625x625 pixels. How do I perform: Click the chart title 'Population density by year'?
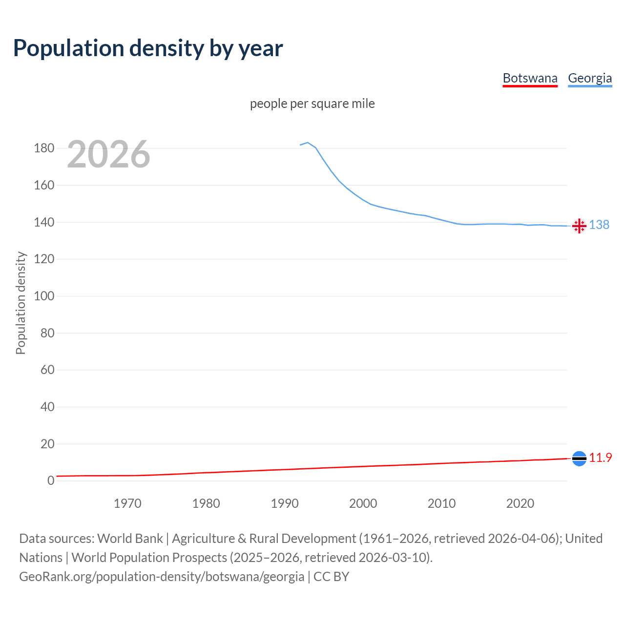coord(148,48)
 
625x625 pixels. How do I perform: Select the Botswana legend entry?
coord(530,78)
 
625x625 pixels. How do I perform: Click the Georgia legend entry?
coord(590,78)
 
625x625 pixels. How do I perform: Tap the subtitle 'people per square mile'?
coord(312,104)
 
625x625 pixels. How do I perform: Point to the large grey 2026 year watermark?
coord(108,154)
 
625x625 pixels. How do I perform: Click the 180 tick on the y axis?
coord(44,148)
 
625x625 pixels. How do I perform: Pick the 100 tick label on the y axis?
coord(44,296)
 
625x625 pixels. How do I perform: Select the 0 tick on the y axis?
coord(50,480)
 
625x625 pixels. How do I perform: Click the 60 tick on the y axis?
coord(47,370)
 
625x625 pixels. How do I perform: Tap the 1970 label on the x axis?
coord(127,503)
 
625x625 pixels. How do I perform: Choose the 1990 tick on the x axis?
coord(285,503)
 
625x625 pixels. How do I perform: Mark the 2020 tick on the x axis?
coord(520,503)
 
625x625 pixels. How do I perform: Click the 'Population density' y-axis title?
coord(21,303)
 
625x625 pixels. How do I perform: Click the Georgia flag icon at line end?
coord(579,226)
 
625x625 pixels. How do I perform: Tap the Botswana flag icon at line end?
coord(579,458)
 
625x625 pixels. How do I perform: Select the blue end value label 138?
coord(599,225)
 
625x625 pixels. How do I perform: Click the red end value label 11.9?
coord(600,458)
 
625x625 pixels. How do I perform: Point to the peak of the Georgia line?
coord(308,143)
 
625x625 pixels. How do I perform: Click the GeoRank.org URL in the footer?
coord(162,576)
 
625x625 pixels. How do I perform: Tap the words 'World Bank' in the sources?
coord(130,538)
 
